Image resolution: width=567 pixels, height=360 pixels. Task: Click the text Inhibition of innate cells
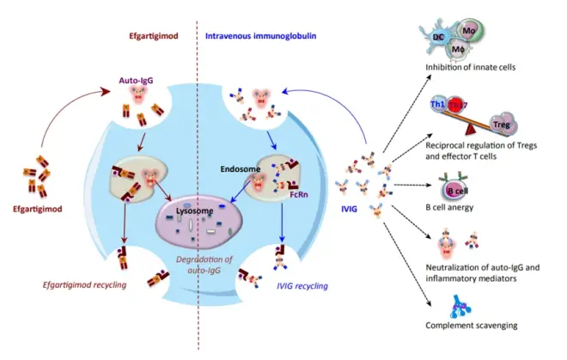[x=466, y=68]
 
